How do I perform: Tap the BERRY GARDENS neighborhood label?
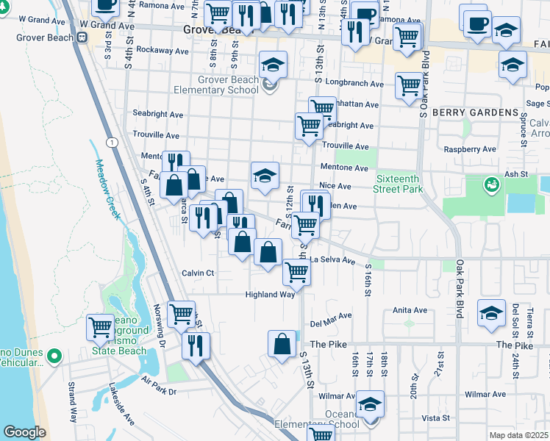[x=475, y=112]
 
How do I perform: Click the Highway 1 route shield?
[x=110, y=140]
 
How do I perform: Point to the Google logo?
[x=24, y=432]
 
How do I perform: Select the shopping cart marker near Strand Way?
[x=100, y=326]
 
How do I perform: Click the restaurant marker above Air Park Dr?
[x=196, y=345]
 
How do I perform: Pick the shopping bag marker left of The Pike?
[x=282, y=343]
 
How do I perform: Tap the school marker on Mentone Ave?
[x=265, y=175]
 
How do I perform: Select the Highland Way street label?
[x=270, y=295]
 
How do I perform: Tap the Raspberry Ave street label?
[x=471, y=149]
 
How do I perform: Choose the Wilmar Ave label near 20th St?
[x=485, y=395]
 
